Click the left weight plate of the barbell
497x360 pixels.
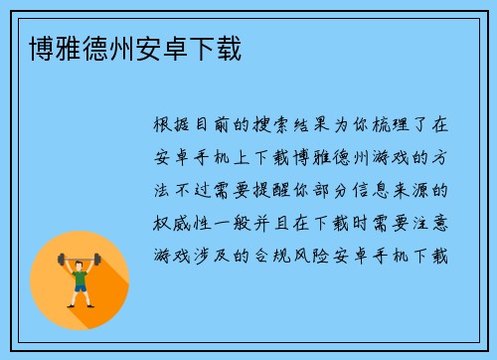[62, 260]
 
